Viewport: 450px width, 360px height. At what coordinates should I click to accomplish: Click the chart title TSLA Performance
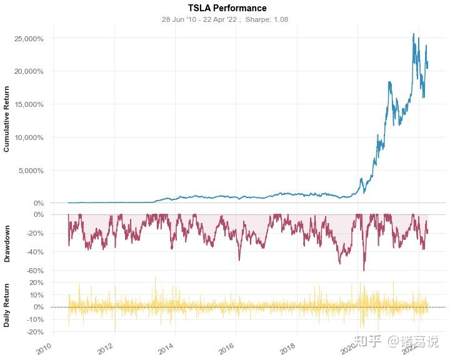tap(227, 8)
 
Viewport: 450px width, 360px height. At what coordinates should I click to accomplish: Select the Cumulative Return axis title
tap(7, 119)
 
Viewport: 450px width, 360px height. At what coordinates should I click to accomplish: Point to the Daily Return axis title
tap(7, 304)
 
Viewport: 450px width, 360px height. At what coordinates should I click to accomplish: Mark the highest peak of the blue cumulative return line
tap(414, 34)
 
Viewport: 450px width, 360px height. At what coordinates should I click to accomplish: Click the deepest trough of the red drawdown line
tap(364, 270)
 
